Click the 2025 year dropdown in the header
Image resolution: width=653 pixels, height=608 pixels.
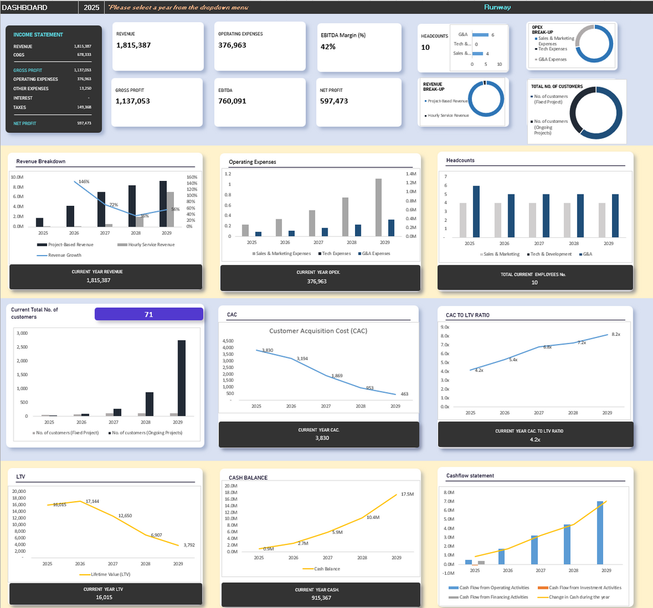91,8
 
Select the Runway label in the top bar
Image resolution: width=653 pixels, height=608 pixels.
497,8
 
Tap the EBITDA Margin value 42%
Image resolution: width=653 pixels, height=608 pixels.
328,47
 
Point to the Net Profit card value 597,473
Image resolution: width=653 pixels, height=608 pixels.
334,101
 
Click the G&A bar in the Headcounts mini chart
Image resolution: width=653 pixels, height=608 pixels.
480,35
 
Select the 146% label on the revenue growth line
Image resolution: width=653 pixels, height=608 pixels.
84,182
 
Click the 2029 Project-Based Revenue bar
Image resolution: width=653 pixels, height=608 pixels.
163,203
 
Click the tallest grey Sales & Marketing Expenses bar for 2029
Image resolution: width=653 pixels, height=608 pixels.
378,207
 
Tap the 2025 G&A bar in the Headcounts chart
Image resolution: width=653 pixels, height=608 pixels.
476,212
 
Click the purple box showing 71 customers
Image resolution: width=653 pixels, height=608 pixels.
148,314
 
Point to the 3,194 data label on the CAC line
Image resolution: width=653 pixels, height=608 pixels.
302,359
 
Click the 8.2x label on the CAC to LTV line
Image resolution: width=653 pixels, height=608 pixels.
616,335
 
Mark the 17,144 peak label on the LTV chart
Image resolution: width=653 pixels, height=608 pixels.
92,502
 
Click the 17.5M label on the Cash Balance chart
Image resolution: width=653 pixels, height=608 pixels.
407,494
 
